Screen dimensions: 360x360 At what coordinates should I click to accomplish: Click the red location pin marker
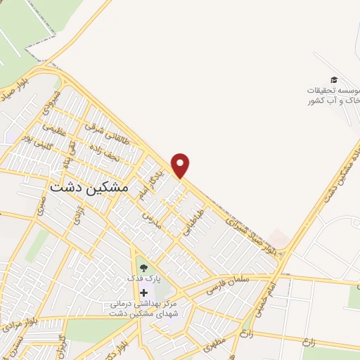181,165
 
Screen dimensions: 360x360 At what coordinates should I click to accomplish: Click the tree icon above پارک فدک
144,268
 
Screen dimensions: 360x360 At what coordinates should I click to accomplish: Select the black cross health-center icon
144,292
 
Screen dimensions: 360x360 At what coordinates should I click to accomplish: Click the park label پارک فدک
144,279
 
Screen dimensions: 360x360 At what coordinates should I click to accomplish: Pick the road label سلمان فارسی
229,283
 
